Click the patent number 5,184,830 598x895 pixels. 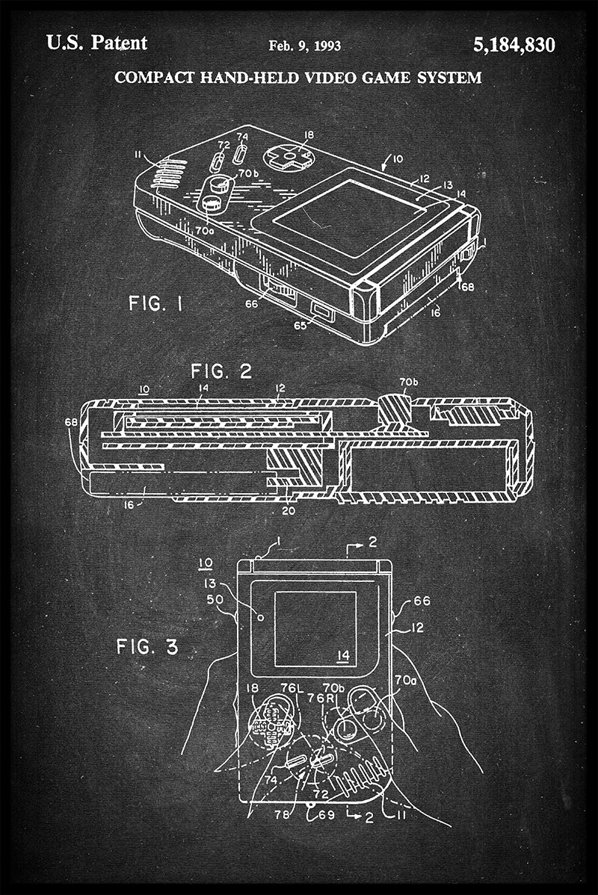(x=514, y=46)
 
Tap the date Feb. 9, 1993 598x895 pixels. (x=304, y=46)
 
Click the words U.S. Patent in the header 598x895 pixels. (x=96, y=43)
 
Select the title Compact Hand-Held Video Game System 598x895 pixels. (x=298, y=78)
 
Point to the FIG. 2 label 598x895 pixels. (x=221, y=371)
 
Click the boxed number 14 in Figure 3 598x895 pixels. (x=342, y=656)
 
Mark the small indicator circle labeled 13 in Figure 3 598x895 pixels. (x=260, y=617)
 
